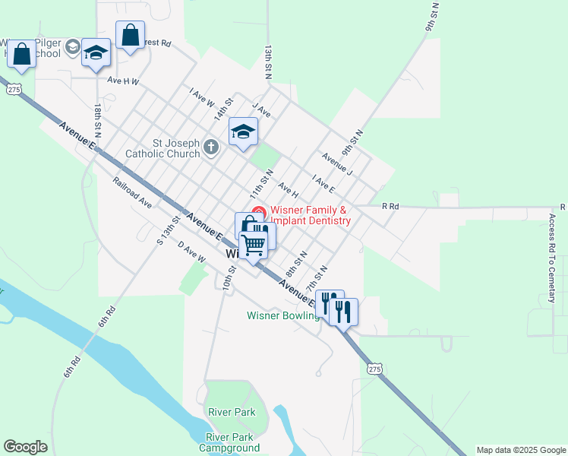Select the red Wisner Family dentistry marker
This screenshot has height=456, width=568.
258,211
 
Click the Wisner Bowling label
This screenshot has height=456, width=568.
282,315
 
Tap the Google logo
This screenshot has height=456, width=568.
25,447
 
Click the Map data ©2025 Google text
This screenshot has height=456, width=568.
521,450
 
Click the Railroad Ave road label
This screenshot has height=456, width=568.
133,193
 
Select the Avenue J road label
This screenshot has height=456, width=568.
337,163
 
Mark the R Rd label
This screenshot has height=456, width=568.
390,206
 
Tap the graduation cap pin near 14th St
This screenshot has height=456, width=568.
243,133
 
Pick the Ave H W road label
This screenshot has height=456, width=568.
123,81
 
